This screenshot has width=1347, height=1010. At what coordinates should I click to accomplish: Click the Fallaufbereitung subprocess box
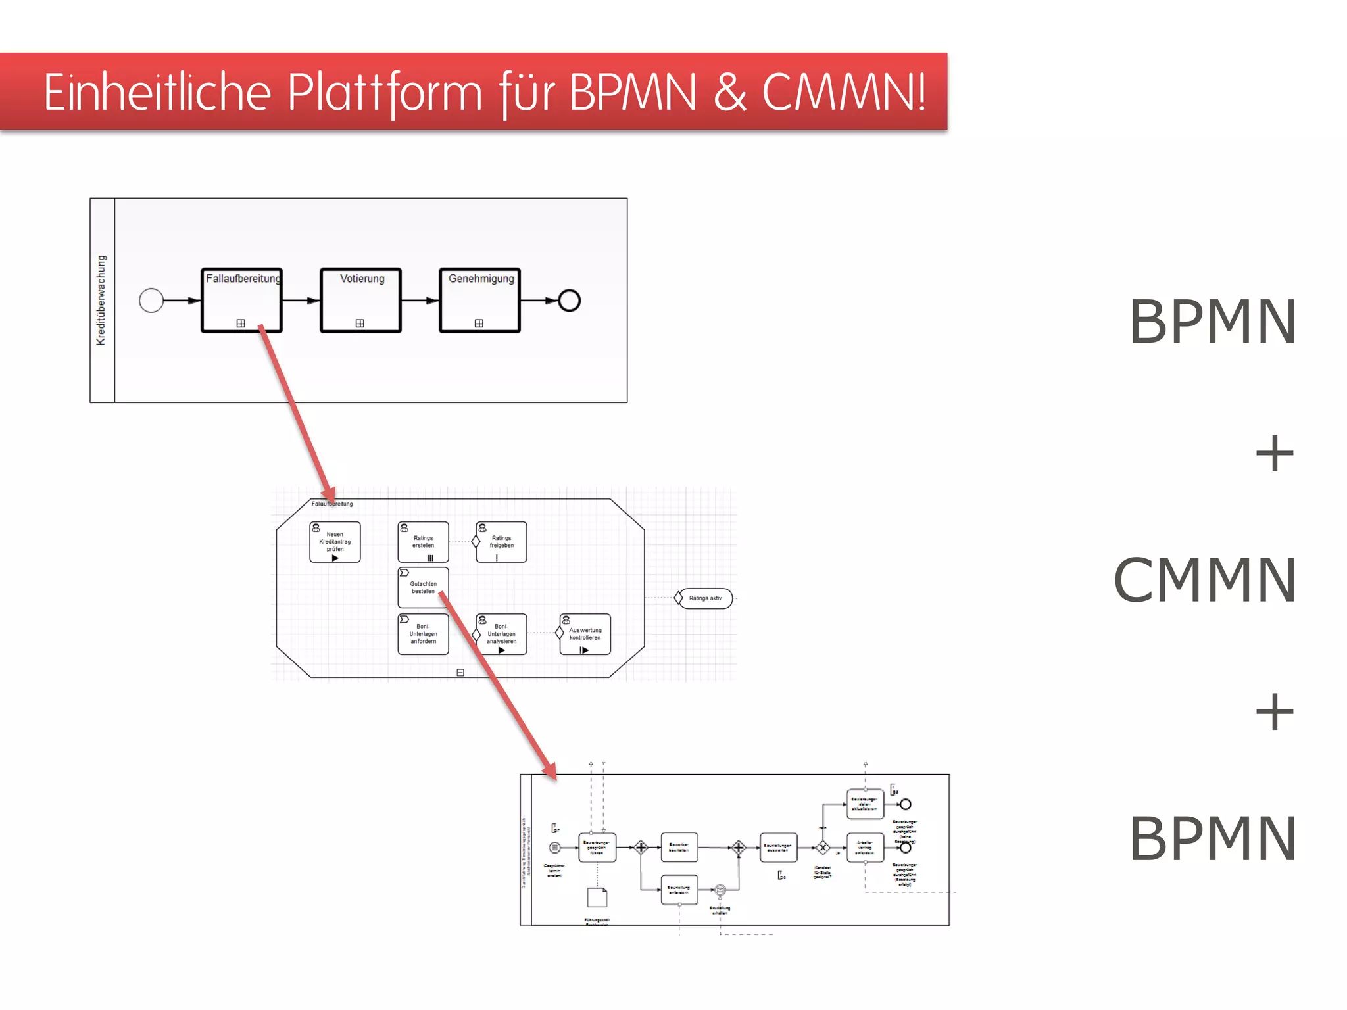(x=241, y=300)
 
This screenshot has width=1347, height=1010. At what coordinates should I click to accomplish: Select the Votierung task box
(x=360, y=300)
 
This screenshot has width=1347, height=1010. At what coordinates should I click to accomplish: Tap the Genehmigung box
(x=480, y=300)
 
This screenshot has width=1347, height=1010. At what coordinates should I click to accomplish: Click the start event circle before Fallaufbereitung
(x=151, y=301)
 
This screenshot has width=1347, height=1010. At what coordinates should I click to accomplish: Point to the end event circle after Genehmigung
(x=569, y=301)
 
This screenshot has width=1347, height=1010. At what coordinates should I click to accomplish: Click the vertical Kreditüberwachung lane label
(x=101, y=300)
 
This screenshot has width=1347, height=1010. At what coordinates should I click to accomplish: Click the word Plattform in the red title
(x=385, y=92)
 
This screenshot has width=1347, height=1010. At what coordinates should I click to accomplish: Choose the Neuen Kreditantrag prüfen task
(x=335, y=542)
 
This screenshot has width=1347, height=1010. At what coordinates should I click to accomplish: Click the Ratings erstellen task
(x=423, y=542)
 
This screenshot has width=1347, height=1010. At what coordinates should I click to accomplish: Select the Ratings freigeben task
(x=501, y=542)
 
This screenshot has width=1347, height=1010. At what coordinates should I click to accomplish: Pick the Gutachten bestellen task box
(x=423, y=587)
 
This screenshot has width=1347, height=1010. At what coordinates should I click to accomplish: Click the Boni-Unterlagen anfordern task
(x=423, y=634)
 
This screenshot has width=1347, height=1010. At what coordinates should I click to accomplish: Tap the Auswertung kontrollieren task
(x=585, y=634)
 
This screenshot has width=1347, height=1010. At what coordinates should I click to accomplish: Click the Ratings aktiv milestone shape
(x=704, y=598)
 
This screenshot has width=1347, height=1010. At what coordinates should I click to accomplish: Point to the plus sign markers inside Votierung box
(x=360, y=324)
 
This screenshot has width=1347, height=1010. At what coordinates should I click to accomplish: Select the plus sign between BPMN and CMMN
(x=1274, y=453)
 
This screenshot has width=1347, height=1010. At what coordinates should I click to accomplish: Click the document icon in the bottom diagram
(x=597, y=898)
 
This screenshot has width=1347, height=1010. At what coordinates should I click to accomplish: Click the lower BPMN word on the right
(x=1212, y=838)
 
